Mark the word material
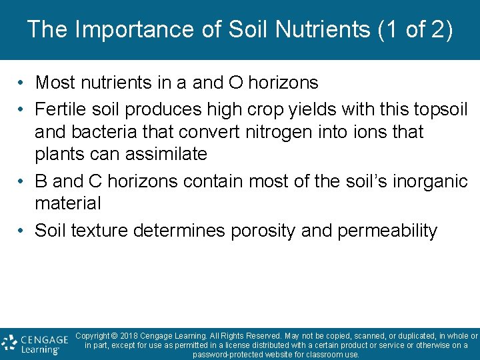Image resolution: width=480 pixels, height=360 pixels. (67, 203)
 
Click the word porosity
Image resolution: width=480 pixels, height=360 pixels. (263, 231)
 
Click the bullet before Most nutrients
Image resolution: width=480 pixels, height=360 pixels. (22, 83)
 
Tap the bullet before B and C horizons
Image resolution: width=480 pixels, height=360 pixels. (22, 181)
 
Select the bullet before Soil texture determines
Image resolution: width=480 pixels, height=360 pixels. (22, 231)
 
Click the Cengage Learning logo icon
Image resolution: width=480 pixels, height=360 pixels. (9, 343)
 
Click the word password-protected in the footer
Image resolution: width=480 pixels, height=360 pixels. (232, 354)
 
